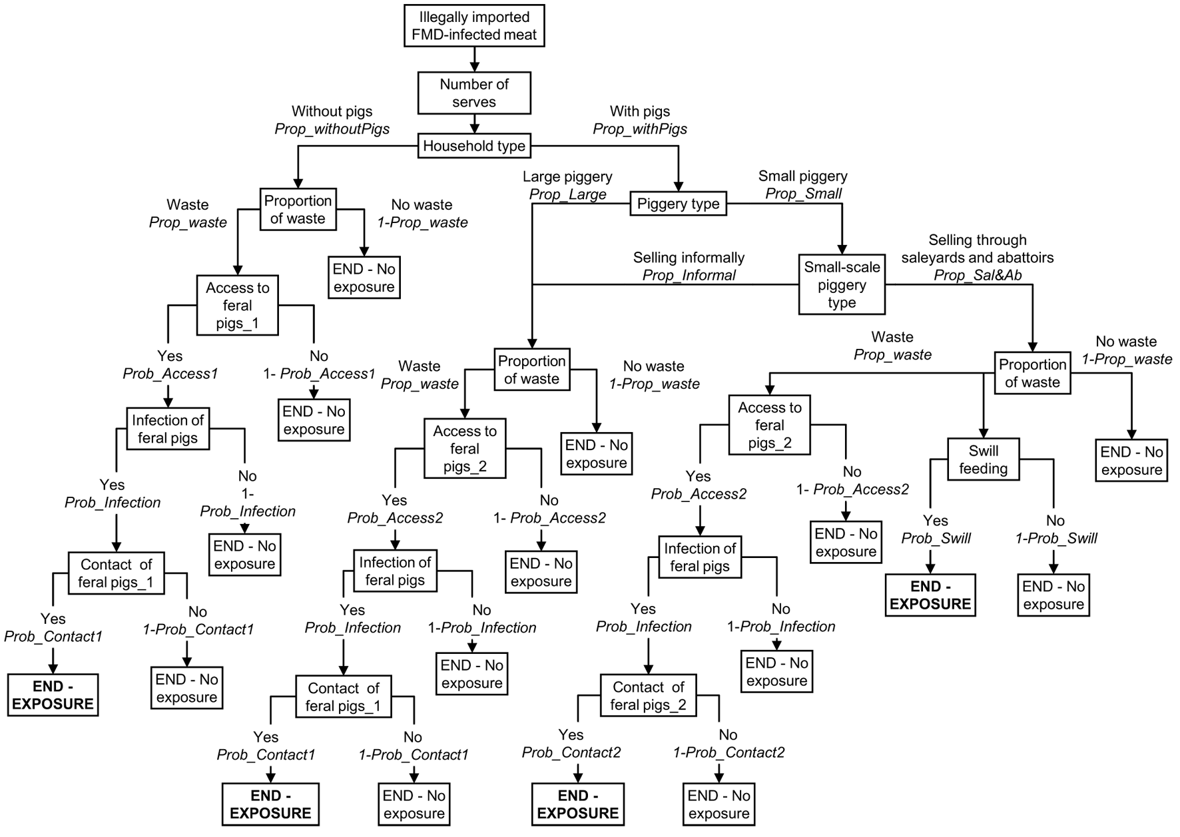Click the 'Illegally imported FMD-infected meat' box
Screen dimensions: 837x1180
click(x=474, y=26)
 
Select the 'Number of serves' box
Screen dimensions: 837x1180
click(x=474, y=93)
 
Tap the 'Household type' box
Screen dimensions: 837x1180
click(x=474, y=146)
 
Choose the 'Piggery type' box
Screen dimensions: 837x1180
click(x=678, y=204)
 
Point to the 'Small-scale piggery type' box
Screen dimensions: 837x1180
click(x=842, y=285)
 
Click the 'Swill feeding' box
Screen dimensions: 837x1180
click(x=983, y=459)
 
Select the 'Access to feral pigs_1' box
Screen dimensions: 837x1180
click(x=237, y=306)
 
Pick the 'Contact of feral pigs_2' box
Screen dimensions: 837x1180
click(x=648, y=696)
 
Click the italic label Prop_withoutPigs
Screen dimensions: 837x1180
click(x=332, y=129)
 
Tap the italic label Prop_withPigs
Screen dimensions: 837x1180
click(x=640, y=129)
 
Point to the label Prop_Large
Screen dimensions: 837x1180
click(x=567, y=194)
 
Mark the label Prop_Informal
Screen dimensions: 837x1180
click(x=689, y=276)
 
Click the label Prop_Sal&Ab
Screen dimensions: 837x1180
click(x=978, y=276)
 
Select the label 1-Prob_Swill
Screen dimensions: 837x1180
click(x=1056, y=539)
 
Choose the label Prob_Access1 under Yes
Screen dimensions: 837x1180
click(x=170, y=374)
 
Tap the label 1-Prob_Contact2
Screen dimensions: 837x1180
click(x=729, y=753)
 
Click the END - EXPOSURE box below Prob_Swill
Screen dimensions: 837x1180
click(x=930, y=595)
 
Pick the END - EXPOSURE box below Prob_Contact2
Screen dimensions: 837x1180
click(x=578, y=804)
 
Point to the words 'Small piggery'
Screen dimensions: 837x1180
click(x=803, y=176)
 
